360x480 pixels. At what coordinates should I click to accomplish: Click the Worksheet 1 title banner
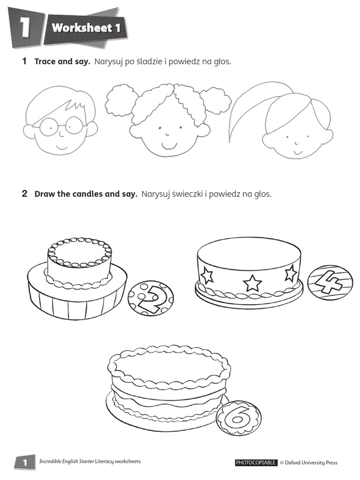coord(86,28)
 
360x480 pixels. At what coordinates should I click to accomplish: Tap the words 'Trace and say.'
coord(62,62)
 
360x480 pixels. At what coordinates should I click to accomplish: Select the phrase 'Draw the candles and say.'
coord(86,194)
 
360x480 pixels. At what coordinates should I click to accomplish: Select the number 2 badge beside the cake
coord(150,299)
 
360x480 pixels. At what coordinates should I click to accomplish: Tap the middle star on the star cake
coord(252,283)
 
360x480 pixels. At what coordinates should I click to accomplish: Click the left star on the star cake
coord(206,276)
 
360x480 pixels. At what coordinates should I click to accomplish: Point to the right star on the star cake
coord(291,273)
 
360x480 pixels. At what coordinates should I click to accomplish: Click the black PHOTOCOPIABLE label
coord(256,463)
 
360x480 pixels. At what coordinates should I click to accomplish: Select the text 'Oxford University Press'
coord(311,463)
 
